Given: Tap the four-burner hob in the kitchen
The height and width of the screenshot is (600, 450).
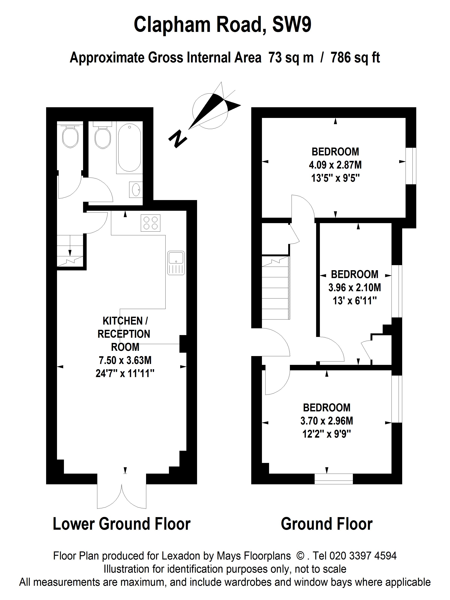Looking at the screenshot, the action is coord(150,223).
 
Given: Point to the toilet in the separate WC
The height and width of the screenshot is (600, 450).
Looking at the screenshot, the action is coord(70,136).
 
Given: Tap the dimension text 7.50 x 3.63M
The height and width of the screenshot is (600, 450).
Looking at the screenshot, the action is coord(125,360).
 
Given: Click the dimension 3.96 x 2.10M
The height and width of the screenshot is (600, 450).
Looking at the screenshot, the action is coord(355,287).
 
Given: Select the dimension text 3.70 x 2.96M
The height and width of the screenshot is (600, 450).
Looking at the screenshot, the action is coord(327,421).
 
